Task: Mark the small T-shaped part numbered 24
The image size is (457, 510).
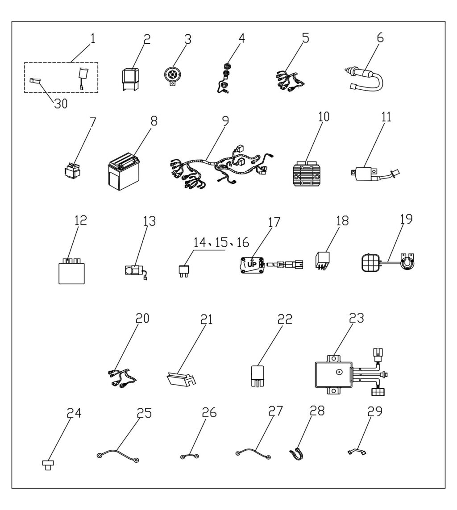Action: click(x=47, y=465)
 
